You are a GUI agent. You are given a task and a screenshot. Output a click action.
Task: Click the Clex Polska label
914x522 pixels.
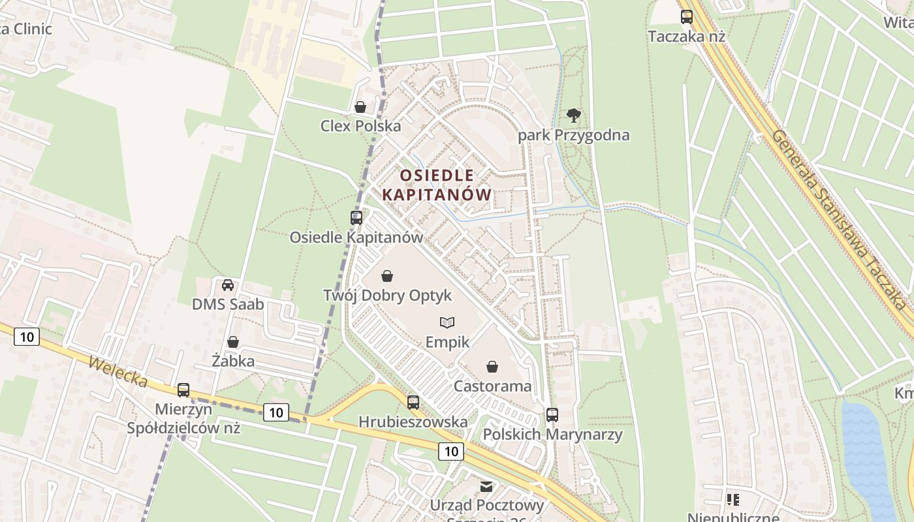point(360,126)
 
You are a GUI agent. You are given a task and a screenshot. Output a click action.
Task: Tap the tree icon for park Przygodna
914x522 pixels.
point(574,116)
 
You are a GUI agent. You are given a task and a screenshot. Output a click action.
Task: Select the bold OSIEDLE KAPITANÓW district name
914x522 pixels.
point(436,185)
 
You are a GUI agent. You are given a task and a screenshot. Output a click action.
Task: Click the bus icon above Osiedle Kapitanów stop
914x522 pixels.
point(356,218)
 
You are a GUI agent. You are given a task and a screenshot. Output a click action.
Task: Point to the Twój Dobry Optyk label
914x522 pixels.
point(387,296)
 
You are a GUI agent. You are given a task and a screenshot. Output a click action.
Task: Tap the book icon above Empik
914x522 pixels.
point(447,322)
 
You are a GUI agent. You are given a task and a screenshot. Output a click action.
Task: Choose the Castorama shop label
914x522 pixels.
point(492,386)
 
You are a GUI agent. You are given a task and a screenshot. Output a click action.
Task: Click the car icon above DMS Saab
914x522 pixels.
point(228,285)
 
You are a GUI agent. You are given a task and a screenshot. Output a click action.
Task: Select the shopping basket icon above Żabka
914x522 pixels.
point(233,342)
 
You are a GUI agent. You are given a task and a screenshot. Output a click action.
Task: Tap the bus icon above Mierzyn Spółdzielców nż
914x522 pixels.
point(183,390)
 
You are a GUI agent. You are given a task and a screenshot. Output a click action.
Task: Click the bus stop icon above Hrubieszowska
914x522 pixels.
point(413,403)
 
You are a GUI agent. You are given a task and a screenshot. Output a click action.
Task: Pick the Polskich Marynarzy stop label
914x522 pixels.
point(552,434)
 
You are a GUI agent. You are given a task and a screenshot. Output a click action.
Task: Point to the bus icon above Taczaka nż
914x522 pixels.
point(687,17)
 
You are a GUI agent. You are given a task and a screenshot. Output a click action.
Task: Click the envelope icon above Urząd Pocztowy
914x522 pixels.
point(487,487)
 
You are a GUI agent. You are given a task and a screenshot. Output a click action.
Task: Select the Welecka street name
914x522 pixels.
point(118,372)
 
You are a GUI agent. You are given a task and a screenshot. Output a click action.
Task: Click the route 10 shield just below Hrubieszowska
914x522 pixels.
point(450,451)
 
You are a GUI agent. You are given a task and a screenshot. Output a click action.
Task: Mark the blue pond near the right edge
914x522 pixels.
point(865,457)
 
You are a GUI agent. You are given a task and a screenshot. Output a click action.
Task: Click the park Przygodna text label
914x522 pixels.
point(574,135)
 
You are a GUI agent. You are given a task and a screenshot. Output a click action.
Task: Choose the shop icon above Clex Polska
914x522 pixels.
point(360,107)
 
